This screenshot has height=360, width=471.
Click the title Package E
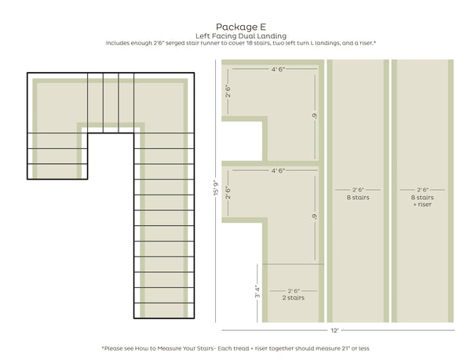pos(241,27)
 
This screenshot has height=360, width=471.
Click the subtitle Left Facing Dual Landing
pos(241,36)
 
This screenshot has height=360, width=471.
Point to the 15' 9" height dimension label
pos(216,187)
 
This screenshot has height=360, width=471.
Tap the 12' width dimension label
pos(334,330)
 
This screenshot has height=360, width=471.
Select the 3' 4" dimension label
pos(257,291)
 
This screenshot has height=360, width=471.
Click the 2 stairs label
pos(293,297)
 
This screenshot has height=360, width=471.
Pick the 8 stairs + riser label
pos(422,201)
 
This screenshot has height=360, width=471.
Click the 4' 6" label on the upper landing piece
pos(278,69)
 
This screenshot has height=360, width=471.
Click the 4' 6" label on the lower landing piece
pos(278,171)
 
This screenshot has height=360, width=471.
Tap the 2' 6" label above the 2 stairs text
pos(294,291)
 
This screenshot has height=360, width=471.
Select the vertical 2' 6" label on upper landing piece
pos(228,91)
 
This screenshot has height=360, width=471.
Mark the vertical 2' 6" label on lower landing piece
pos(228,193)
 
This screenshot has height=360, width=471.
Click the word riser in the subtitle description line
pos(366,43)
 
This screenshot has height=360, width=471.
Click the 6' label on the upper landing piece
pos(315,116)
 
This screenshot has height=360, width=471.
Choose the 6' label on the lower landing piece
pos(315,216)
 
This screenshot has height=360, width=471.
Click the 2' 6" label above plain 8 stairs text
pos(358,190)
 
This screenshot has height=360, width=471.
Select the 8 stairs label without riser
pos(358,198)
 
